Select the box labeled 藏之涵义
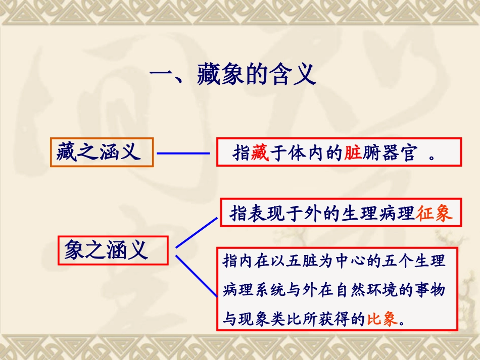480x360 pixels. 102,151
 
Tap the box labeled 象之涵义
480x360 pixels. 112,249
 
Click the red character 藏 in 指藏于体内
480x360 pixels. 257,153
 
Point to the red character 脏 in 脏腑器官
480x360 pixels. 352,153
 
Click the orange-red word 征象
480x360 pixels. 434,214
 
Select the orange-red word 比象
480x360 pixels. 381,319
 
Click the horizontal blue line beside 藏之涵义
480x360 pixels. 183,153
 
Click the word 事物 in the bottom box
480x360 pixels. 431,290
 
